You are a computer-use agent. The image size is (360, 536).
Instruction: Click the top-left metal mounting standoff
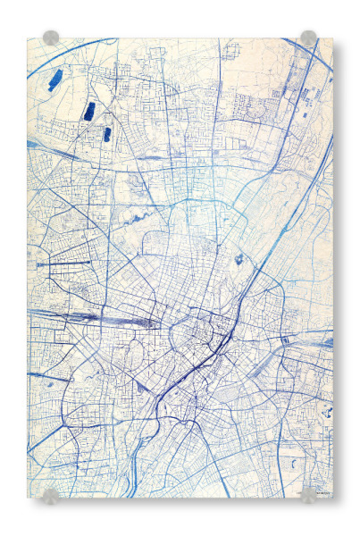click(x=51, y=38)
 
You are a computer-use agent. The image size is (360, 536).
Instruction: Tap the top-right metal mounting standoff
click(x=308, y=38)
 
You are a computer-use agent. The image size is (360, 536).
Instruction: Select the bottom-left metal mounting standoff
click(x=51, y=494)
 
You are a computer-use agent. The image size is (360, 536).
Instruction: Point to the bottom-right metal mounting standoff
click(x=308, y=494)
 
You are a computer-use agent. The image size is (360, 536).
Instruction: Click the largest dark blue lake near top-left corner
click(x=55, y=80)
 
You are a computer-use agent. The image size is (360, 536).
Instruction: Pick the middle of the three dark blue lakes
click(x=89, y=111)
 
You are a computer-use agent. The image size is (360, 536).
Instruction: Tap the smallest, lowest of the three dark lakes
click(x=107, y=134)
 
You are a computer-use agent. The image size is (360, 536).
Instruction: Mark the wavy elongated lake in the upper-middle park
click(x=144, y=217)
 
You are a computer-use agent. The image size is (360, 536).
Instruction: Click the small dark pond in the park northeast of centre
click(x=239, y=260)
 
